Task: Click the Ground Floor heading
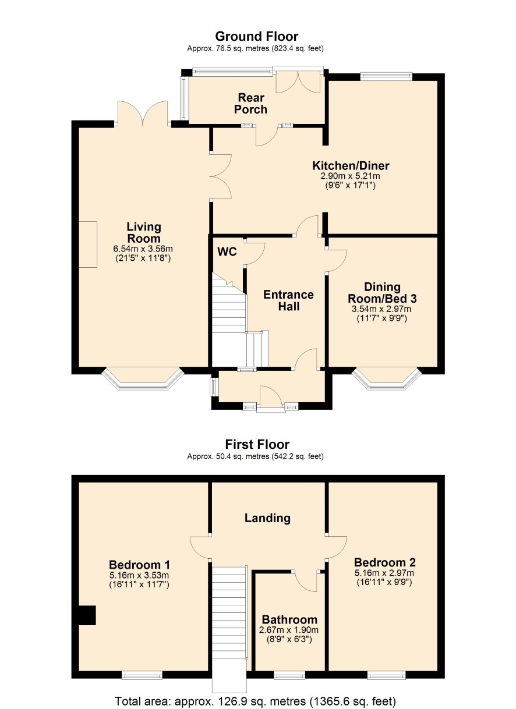(x=257, y=37)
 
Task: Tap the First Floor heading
(x=257, y=444)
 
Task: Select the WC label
(x=227, y=251)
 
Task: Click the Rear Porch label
(x=250, y=104)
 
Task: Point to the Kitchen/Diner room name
(x=351, y=165)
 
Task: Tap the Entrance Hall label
(x=288, y=300)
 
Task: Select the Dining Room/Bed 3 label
(x=382, y=293)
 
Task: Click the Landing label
(x=267, y=518)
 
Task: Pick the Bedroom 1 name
(x=139, y=565)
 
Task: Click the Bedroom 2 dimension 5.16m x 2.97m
(x=384, y=572)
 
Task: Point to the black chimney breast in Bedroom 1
(x=87, y=615)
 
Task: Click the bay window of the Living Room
(x=143, y=378)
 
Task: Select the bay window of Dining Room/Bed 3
(x=387, y=379)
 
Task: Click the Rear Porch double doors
(x=298, y=81)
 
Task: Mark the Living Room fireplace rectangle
(x=88, y=244)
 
